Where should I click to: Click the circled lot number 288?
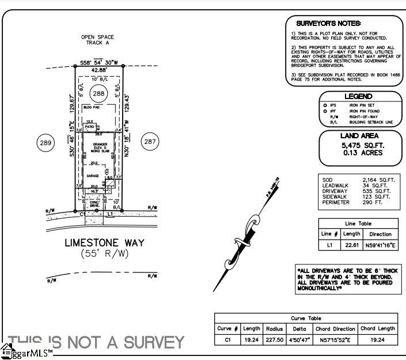point(100,93)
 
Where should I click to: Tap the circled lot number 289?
point(45,142)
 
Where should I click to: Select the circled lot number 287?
point(150,142)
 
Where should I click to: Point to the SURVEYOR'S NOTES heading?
point(328,23)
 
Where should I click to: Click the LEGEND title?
point(358,97)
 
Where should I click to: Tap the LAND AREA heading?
point(358,136)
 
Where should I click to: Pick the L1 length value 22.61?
point(351,245)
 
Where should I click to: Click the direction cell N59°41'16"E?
point(380,245)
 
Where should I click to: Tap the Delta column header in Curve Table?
point(299,328)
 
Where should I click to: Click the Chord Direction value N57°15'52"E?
point(336,340)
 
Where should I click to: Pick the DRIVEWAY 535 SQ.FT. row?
point(358,191)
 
